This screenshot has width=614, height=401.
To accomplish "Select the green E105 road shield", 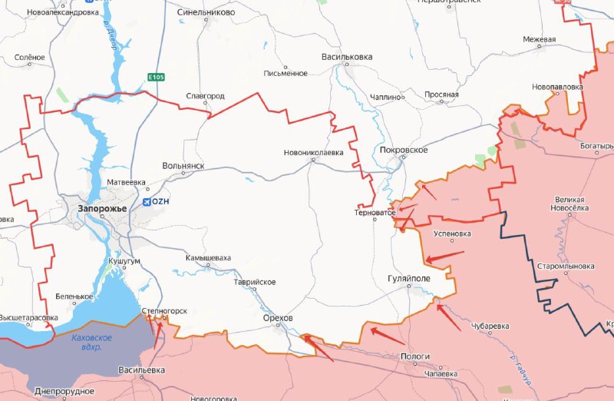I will pyautogui.click(x=157, y=77).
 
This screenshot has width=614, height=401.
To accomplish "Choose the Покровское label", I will pyautogui.click(x=403, y=150).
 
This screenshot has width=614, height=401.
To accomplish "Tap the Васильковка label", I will pyautogui.click(x=346, y=57).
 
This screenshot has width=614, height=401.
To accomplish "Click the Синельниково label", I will pyautogui.click(x=206, y=13).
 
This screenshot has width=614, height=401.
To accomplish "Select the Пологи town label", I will pyautogui.click(x=414, y=356).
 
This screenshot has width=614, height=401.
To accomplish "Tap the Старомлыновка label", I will pyautogui.click(x=566, y=266).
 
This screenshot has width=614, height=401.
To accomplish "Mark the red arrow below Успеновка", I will pyautogui.click(x=445, y=255).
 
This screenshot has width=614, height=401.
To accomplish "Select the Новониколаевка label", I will pyautogui.click(x=313, y=152).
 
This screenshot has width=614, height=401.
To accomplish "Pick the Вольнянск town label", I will pyautogui.click(x=183, y=166).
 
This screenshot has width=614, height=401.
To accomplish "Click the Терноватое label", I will pyautogui.click(x=375, y=211).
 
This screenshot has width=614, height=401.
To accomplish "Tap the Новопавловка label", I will pyautogui.click(x=556, y=88).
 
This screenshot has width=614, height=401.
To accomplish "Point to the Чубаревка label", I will pyautogui.click(x=490, y=326).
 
